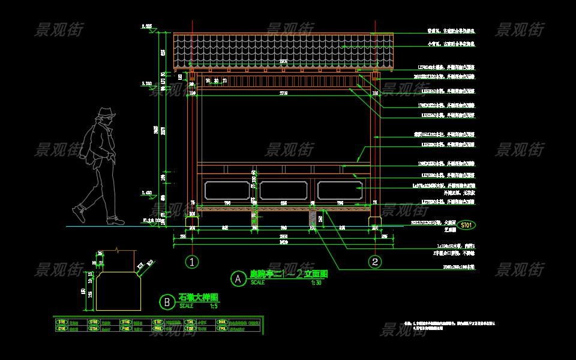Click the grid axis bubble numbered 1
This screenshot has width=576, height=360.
pyautogui.click(x=191, y=262)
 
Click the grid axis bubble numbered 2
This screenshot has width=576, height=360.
pyautogui.click(x=375, y=262)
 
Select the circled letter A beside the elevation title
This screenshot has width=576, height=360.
pyautogui.click(x=238, y=278)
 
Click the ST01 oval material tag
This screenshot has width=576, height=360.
pyautogui.click(x=466, y=226)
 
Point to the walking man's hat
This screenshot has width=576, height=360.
pyautogui.click(x=107, y=112)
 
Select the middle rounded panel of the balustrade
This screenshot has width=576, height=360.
pyautogui.click(x=283, y=190)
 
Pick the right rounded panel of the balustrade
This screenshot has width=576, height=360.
pyautogui.click(x=339, y=190)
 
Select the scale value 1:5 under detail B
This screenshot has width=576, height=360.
pyautogui.click(x=213, y=305)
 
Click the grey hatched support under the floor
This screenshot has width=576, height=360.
pyautogui.click(x=313, y=219)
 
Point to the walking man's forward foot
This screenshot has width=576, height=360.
pyautogui.click(x=79, y=212)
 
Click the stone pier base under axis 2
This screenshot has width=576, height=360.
pyautogui.click(x=375, y=223)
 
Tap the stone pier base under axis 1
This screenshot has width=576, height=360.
pyautogui.click(x=192, y=223)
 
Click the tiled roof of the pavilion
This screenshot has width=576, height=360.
pyautogui.click(x=283, y=51)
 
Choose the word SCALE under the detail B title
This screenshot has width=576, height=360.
pyautogui.click(x=187, y=305)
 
